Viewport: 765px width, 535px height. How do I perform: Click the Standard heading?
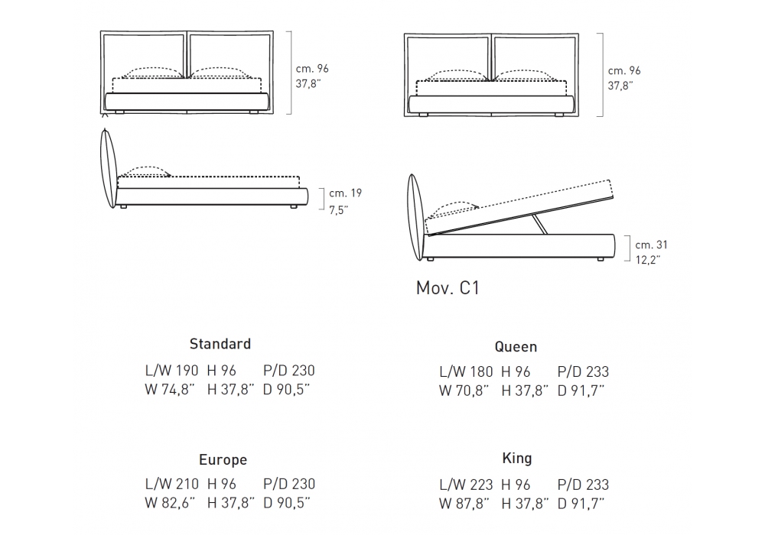pyautogui.click(x=220, y=344)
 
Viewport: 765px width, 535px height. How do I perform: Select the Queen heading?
pyautogui.click(x=516, y=347)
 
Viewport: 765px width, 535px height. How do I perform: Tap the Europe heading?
pyautogui.click(x=223, y=460)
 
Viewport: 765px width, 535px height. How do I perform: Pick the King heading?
pyautogui.click(x=516, y=459)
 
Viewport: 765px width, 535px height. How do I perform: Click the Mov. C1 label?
pyautogui.click(x=448, y=287)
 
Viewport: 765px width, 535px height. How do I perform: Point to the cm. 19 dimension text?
pyautogui.click(x=346, y=193)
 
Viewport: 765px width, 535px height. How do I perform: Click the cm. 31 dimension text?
pyautogui.click(x=651, y=245)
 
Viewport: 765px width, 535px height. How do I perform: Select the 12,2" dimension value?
pyautogui.click(x=647, y=260)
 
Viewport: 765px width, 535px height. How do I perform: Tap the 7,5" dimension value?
pyautogui.click(x=339, y=210)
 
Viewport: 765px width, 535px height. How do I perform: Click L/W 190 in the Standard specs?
pyautogui.click(x=171, y=371)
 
